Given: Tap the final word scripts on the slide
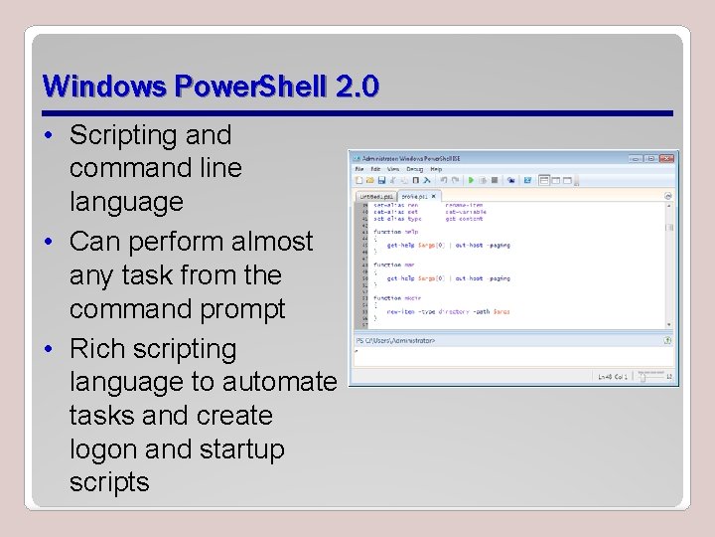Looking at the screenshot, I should click(109, 483).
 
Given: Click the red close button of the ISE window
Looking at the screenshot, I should click(666, 159).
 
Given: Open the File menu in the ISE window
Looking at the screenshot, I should click(358, 170).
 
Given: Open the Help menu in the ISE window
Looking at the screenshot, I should click(436, 170).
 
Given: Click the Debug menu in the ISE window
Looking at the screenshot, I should click(412, 170).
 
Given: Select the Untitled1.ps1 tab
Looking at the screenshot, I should click(377, 196).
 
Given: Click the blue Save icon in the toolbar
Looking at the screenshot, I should click(380, 181).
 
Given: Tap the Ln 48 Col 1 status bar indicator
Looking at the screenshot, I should click(613, 377).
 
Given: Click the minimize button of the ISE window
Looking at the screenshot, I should click(636, 159).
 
